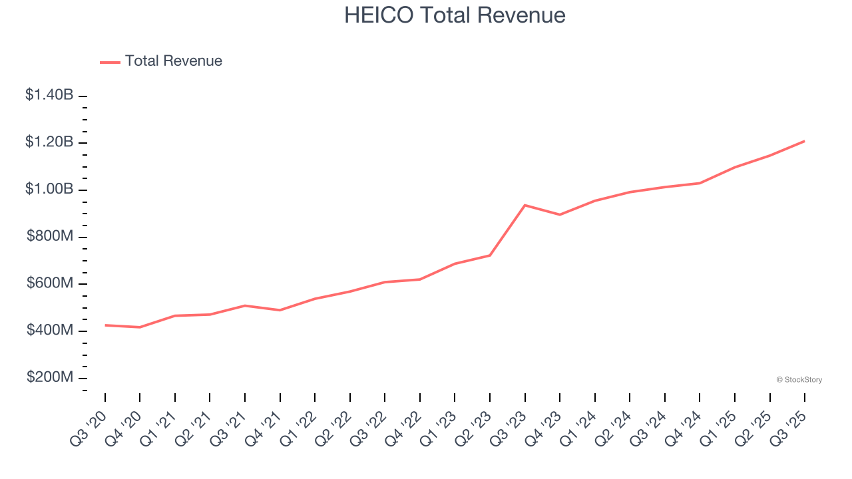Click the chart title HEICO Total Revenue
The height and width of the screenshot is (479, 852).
(x=455, y=15)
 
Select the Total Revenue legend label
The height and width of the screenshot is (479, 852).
(x=173, y=61)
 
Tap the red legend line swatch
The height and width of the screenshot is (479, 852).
(x=110, y=62)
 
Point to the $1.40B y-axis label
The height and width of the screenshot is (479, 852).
(x=49, y=95)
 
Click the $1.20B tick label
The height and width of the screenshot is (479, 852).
(x=49, y=142)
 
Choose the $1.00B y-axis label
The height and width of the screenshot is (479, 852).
(x=49, y=190)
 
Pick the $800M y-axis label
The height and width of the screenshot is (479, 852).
(x=50, y=236)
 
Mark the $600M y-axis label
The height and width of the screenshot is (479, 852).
(x=50, y=283)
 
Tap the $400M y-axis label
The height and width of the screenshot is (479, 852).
(x=50, y=331)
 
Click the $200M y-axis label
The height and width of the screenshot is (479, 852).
(x=50, y=377)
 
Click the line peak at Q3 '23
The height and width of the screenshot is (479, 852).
(x=525, y=205)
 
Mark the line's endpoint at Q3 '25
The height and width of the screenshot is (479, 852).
(x=805, y=141)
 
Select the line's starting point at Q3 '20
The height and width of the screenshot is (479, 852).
(x=105, y=325)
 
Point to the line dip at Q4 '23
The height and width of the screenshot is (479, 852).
(x=560, y=214)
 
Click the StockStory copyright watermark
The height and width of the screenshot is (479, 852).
(x=799, y=380)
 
